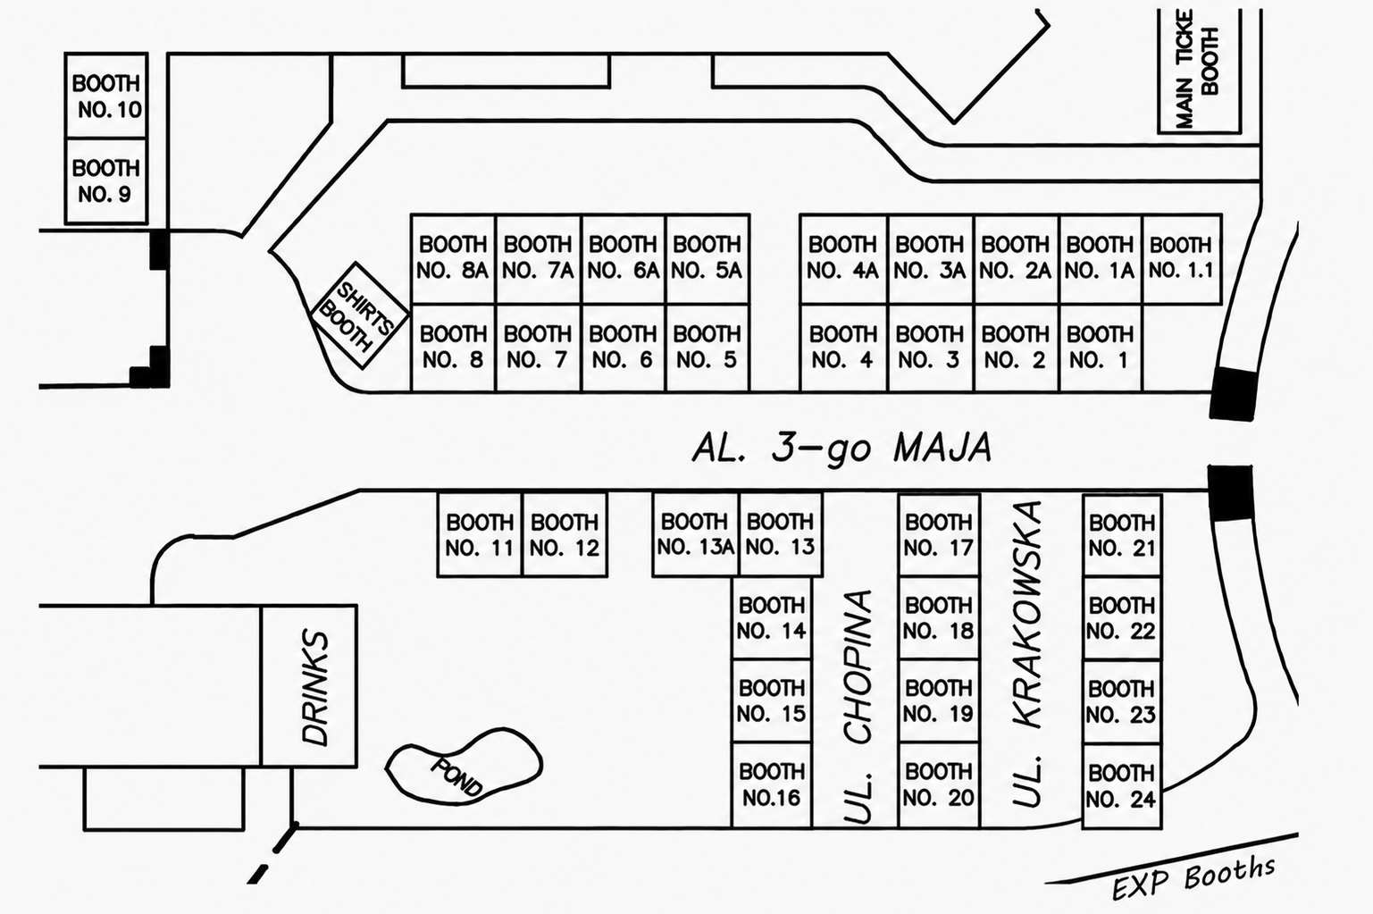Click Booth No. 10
pos(106,96)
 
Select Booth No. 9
pos(106,180)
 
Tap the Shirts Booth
pos(360,315)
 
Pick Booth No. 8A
pos(453,259)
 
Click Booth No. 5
pos(707,348)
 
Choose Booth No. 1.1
pos(1182,259)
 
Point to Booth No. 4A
pos(843,259)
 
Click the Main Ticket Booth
pos(1199,71)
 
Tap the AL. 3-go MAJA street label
pos(841,449)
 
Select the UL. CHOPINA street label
pos(858,707)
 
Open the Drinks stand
pos(309,686)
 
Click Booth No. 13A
pos(696,534)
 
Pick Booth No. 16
pos(772,784)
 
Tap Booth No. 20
pos(939,784)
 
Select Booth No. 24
pos(1122,786)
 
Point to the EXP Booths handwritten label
pos(1194,878)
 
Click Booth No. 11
pos(480,534)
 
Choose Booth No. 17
pos(939,534)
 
